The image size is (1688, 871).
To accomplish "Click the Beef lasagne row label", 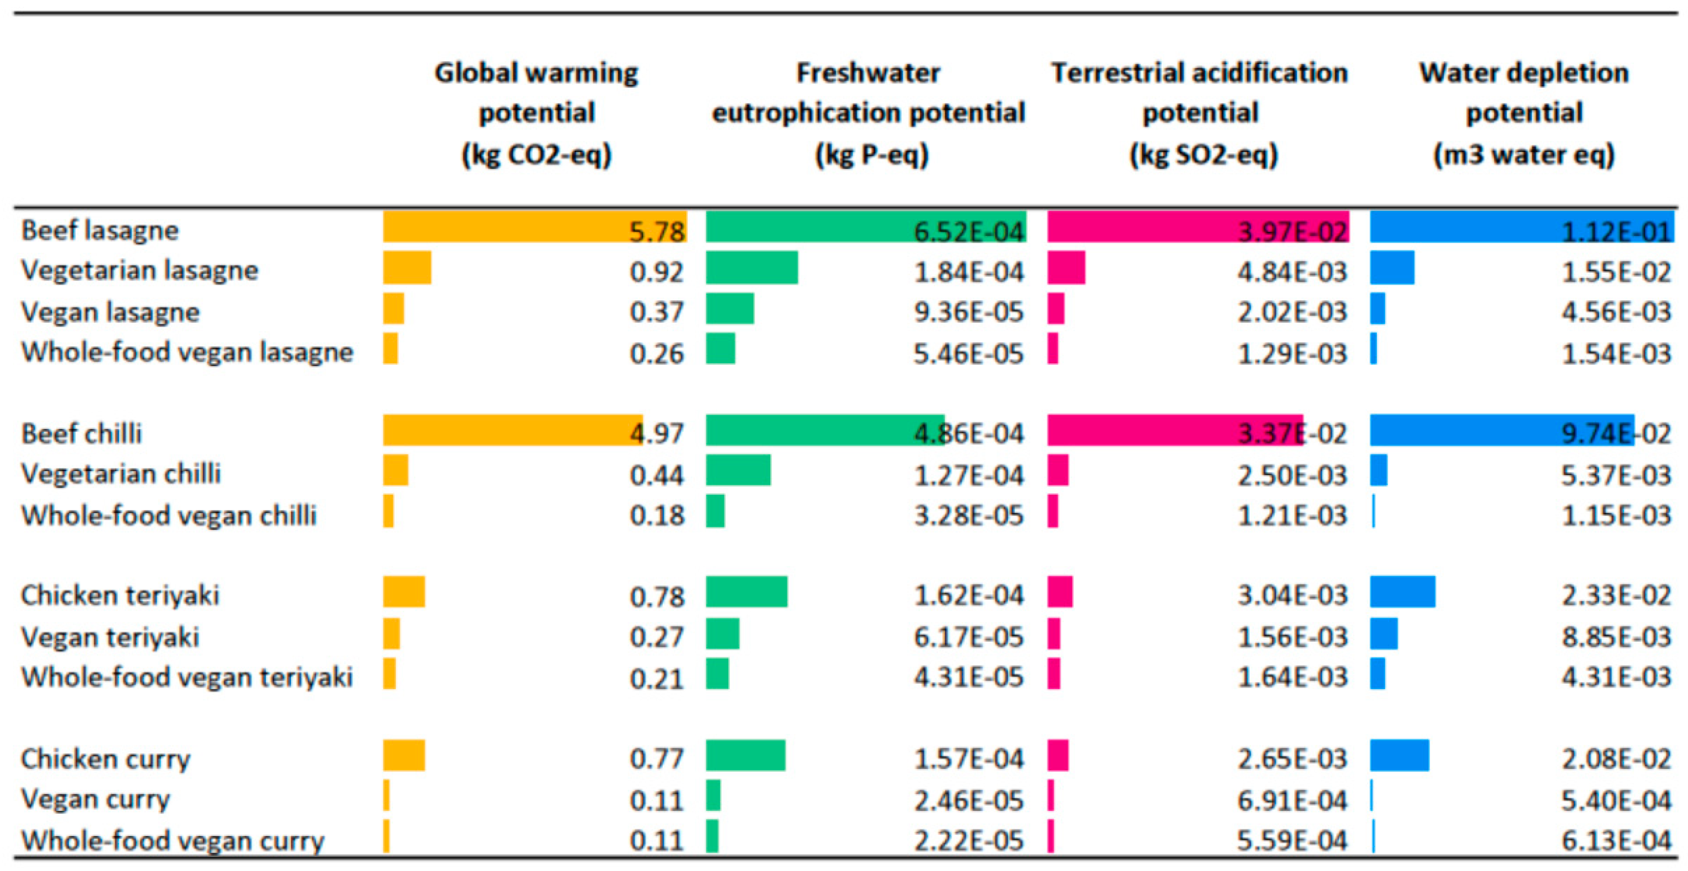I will [99, 230].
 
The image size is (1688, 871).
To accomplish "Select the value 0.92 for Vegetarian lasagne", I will [656, 271].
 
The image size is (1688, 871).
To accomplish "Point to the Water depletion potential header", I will [1524, 92].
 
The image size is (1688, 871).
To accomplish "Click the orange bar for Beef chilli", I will [512, 430].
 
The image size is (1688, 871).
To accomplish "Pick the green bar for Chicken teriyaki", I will [746, 592].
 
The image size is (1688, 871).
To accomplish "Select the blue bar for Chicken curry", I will [1399, 755].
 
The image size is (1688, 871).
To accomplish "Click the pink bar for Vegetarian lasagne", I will [1066, 268].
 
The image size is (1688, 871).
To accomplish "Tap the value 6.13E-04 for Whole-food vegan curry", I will [1616, 840].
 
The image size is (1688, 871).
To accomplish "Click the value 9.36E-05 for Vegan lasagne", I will [968, 312].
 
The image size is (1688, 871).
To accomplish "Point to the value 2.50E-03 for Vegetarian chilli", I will [1292, 475].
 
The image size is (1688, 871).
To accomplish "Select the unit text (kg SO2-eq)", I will [1203, 155].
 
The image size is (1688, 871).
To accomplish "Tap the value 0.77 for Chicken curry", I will [656, 759].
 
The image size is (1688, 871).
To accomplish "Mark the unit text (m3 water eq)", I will [1524, 155].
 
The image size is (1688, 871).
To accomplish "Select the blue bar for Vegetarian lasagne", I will [1392, 268].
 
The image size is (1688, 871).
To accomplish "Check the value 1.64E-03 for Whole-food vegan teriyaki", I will [1292, 677].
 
